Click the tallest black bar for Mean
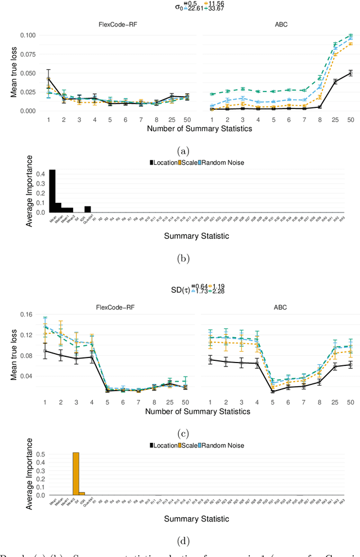52,191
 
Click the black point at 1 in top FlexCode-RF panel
48,79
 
